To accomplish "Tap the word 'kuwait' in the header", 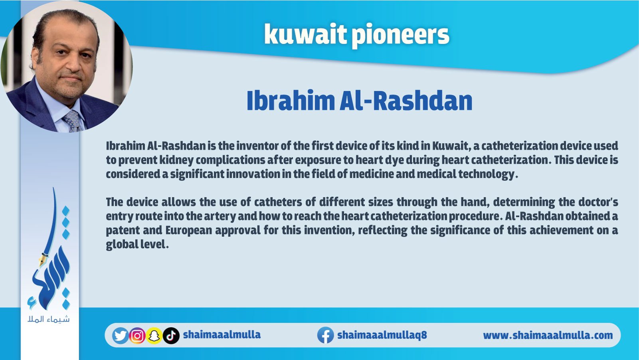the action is [305, 34].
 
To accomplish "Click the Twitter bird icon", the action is [120, 335].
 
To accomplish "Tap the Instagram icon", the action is [137, 336].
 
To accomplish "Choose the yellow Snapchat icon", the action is [154, 336].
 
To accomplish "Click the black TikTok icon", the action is [171, 336].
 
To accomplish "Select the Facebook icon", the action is [326, 335].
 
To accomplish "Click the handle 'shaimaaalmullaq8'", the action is [382, 335].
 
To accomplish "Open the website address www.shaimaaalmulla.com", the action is [548, 335].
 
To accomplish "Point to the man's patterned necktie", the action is [73, 121].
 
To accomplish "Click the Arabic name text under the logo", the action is [49, 319].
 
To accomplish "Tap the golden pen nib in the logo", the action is [43, 259].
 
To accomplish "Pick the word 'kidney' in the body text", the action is [176, 160].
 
